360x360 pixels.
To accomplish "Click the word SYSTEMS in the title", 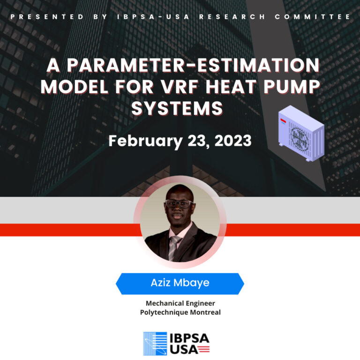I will (177, 108).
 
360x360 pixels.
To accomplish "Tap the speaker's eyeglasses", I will (179, 204).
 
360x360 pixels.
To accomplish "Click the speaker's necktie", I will (174, 247).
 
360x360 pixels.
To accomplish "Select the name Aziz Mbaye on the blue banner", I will (180, 283).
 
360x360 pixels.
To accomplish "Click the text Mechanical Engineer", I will (180, 303).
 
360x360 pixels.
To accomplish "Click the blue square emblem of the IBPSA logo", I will (155, 344).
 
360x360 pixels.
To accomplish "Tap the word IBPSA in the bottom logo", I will (189, 338).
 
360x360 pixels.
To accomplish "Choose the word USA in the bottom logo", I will (181, 349).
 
